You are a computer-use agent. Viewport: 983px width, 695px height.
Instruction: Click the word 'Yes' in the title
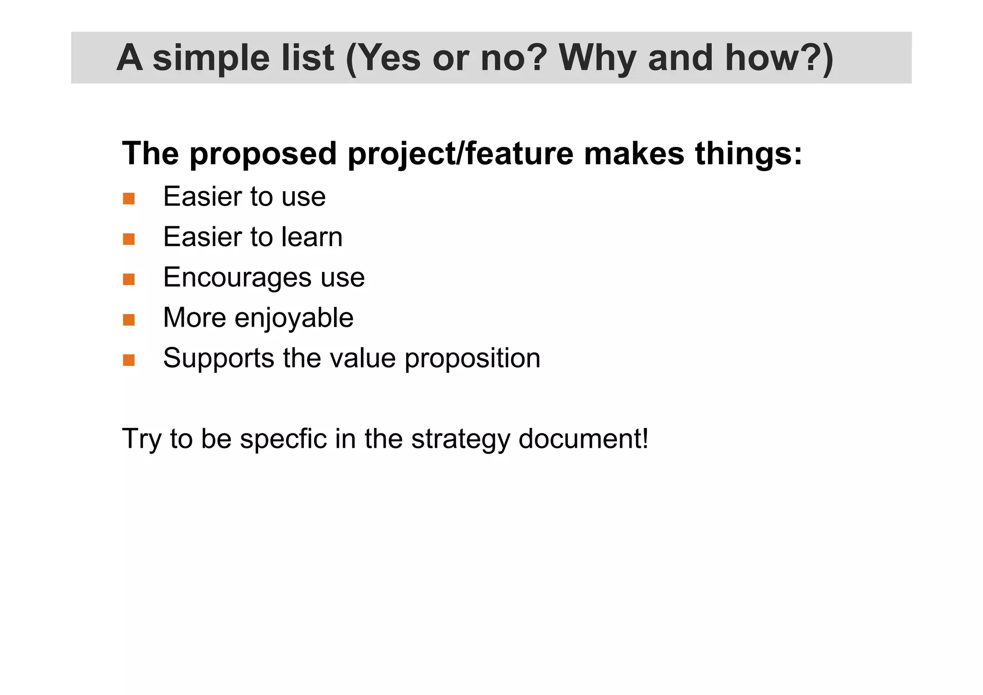(x=389, y=58)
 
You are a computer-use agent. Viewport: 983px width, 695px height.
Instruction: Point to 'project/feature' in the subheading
(x=460, y=154)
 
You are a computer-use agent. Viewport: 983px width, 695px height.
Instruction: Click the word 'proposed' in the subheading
(x=263, y=154)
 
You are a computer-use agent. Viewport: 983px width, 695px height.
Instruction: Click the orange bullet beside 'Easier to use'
(x=129, y=198)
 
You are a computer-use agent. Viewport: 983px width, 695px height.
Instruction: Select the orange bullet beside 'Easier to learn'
(x=129, y=239)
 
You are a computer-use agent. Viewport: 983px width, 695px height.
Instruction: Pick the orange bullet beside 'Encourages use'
(x=129, y=279)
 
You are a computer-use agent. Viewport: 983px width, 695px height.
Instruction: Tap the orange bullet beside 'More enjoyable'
(x=129, y=319)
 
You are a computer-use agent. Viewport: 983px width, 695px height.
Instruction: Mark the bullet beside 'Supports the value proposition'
(x=129, y=360)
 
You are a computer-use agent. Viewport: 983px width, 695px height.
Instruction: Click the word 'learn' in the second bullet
(x=312, y=237)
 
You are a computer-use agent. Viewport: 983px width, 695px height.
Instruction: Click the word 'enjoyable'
(x=294, y=318)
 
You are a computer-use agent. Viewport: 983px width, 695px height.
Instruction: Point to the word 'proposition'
(x=472, y=359)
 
